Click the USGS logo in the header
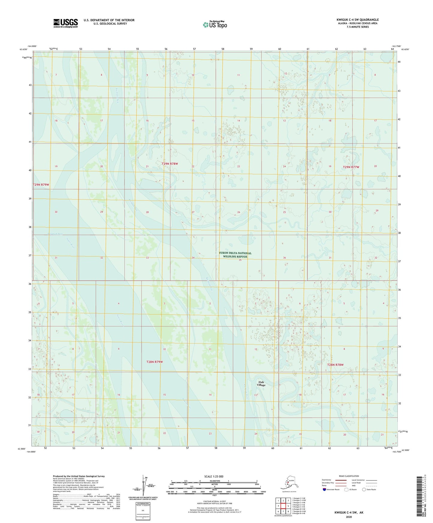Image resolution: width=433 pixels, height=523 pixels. coord(65,23)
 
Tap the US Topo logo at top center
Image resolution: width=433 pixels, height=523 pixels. coord(215,25)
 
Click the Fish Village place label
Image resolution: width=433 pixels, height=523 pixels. coord(261,383)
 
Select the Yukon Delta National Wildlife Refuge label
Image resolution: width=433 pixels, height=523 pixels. coord(235,255)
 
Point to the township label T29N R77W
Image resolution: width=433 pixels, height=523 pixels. coord(351,167)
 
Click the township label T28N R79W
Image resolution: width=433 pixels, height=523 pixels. coord(154,362)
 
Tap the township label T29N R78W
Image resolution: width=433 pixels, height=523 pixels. coord(170,164)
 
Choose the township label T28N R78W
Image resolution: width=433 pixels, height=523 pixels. coord(335,365)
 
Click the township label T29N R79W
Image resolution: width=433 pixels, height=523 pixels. coord(41,185)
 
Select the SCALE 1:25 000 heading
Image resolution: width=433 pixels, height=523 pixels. coord(214,476)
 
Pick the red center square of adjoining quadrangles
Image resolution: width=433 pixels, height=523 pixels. coord(283,506)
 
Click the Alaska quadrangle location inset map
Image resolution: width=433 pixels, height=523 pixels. coord(289,484)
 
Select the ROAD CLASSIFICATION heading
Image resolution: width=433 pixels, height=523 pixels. coord(349,476)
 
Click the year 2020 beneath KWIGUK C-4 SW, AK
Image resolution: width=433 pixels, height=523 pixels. coord(349,517)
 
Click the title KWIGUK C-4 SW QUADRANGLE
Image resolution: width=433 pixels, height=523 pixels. coord(357,20)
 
